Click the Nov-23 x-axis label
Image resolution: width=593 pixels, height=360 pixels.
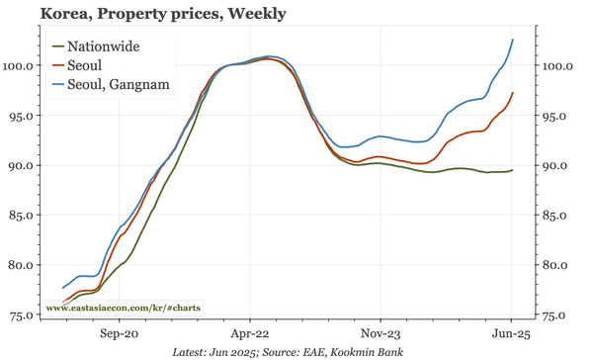pos(381,333)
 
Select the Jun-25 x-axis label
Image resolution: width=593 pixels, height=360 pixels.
pos(510,333)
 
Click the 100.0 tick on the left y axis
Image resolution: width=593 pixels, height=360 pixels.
pos(22,65)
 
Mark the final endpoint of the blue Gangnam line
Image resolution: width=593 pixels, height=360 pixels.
pos(513,40)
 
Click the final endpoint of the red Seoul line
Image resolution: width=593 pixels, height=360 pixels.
pos(513,93)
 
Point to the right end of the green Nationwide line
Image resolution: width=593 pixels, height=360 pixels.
pos(513,170)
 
